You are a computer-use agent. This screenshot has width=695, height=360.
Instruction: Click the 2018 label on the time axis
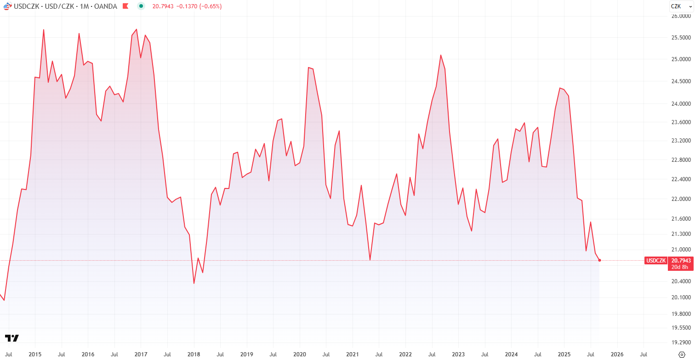coord(194,354)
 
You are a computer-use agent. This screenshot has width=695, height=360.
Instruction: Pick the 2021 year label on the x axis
coord(353,354)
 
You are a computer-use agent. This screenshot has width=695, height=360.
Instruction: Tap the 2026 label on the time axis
coord(617,354)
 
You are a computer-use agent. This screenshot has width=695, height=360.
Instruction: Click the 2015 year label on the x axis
coord(35,354)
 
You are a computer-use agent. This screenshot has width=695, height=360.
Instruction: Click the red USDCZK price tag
coord(656,261)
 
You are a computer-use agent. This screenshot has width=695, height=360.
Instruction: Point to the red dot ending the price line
coord(600,260)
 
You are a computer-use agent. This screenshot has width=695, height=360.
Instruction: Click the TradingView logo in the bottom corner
coord(12,338)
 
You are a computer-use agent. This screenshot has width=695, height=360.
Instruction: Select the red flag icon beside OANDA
coord(125,6)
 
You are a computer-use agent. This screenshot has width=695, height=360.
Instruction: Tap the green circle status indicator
coord(141,6)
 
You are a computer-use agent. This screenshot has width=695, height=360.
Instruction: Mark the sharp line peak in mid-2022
coord(440,55)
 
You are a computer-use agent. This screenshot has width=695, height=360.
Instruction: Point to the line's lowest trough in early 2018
coord(194,283)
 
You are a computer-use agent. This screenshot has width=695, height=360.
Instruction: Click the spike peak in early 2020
coord(308,68)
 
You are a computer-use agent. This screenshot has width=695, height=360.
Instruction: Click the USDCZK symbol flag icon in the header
coord(7,6)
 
